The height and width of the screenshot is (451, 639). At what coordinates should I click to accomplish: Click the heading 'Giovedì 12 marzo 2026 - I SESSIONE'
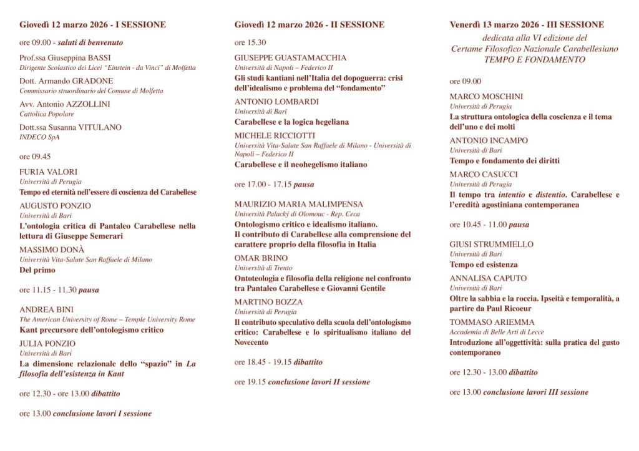tap(92, 25)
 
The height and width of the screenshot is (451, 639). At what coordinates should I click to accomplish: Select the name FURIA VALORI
tap(48, 172)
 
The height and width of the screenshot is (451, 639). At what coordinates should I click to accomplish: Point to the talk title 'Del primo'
tap(37, 270)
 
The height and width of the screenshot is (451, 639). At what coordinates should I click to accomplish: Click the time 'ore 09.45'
tap(35, 157)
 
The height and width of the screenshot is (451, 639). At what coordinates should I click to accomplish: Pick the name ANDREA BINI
tap(46, 309)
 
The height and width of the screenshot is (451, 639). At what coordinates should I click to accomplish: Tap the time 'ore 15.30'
tap(250, 42)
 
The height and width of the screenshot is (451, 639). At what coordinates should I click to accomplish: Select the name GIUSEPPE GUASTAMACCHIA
tap(290, 57)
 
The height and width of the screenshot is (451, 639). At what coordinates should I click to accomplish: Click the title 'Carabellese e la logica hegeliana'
tap(291, 122)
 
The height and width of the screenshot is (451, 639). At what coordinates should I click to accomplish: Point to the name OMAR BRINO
tap(261, 258)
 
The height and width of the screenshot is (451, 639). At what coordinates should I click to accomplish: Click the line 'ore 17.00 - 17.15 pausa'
tap(274, 185)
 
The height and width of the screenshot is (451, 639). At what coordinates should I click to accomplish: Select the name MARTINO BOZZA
tap(268, 302)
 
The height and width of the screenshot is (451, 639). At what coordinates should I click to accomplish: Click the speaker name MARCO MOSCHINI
tap(486, 97)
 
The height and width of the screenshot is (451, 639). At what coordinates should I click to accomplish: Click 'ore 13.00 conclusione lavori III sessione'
tap(519, 392)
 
